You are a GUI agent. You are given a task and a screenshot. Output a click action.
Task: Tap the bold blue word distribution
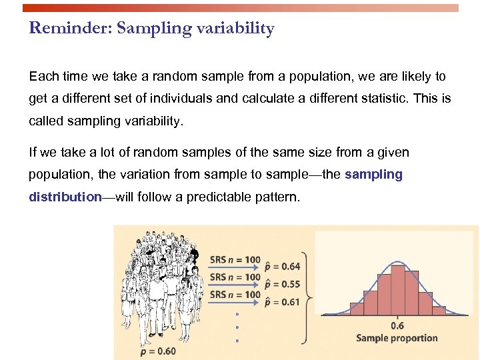[x=64, y=198]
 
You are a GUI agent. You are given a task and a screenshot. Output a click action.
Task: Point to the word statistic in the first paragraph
[x=379, y=98]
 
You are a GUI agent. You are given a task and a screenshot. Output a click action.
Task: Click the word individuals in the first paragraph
[x=180, y=98]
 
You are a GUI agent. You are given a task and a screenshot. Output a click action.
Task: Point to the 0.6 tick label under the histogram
[x=397, y=325]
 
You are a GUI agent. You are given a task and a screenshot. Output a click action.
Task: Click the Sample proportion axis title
[x=397, y=338]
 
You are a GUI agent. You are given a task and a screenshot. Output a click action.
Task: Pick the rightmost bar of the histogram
[x=439, y=310]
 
